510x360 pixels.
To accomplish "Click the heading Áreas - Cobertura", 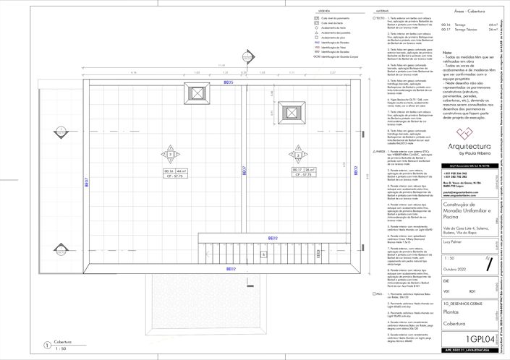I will (x=464, y=12).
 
